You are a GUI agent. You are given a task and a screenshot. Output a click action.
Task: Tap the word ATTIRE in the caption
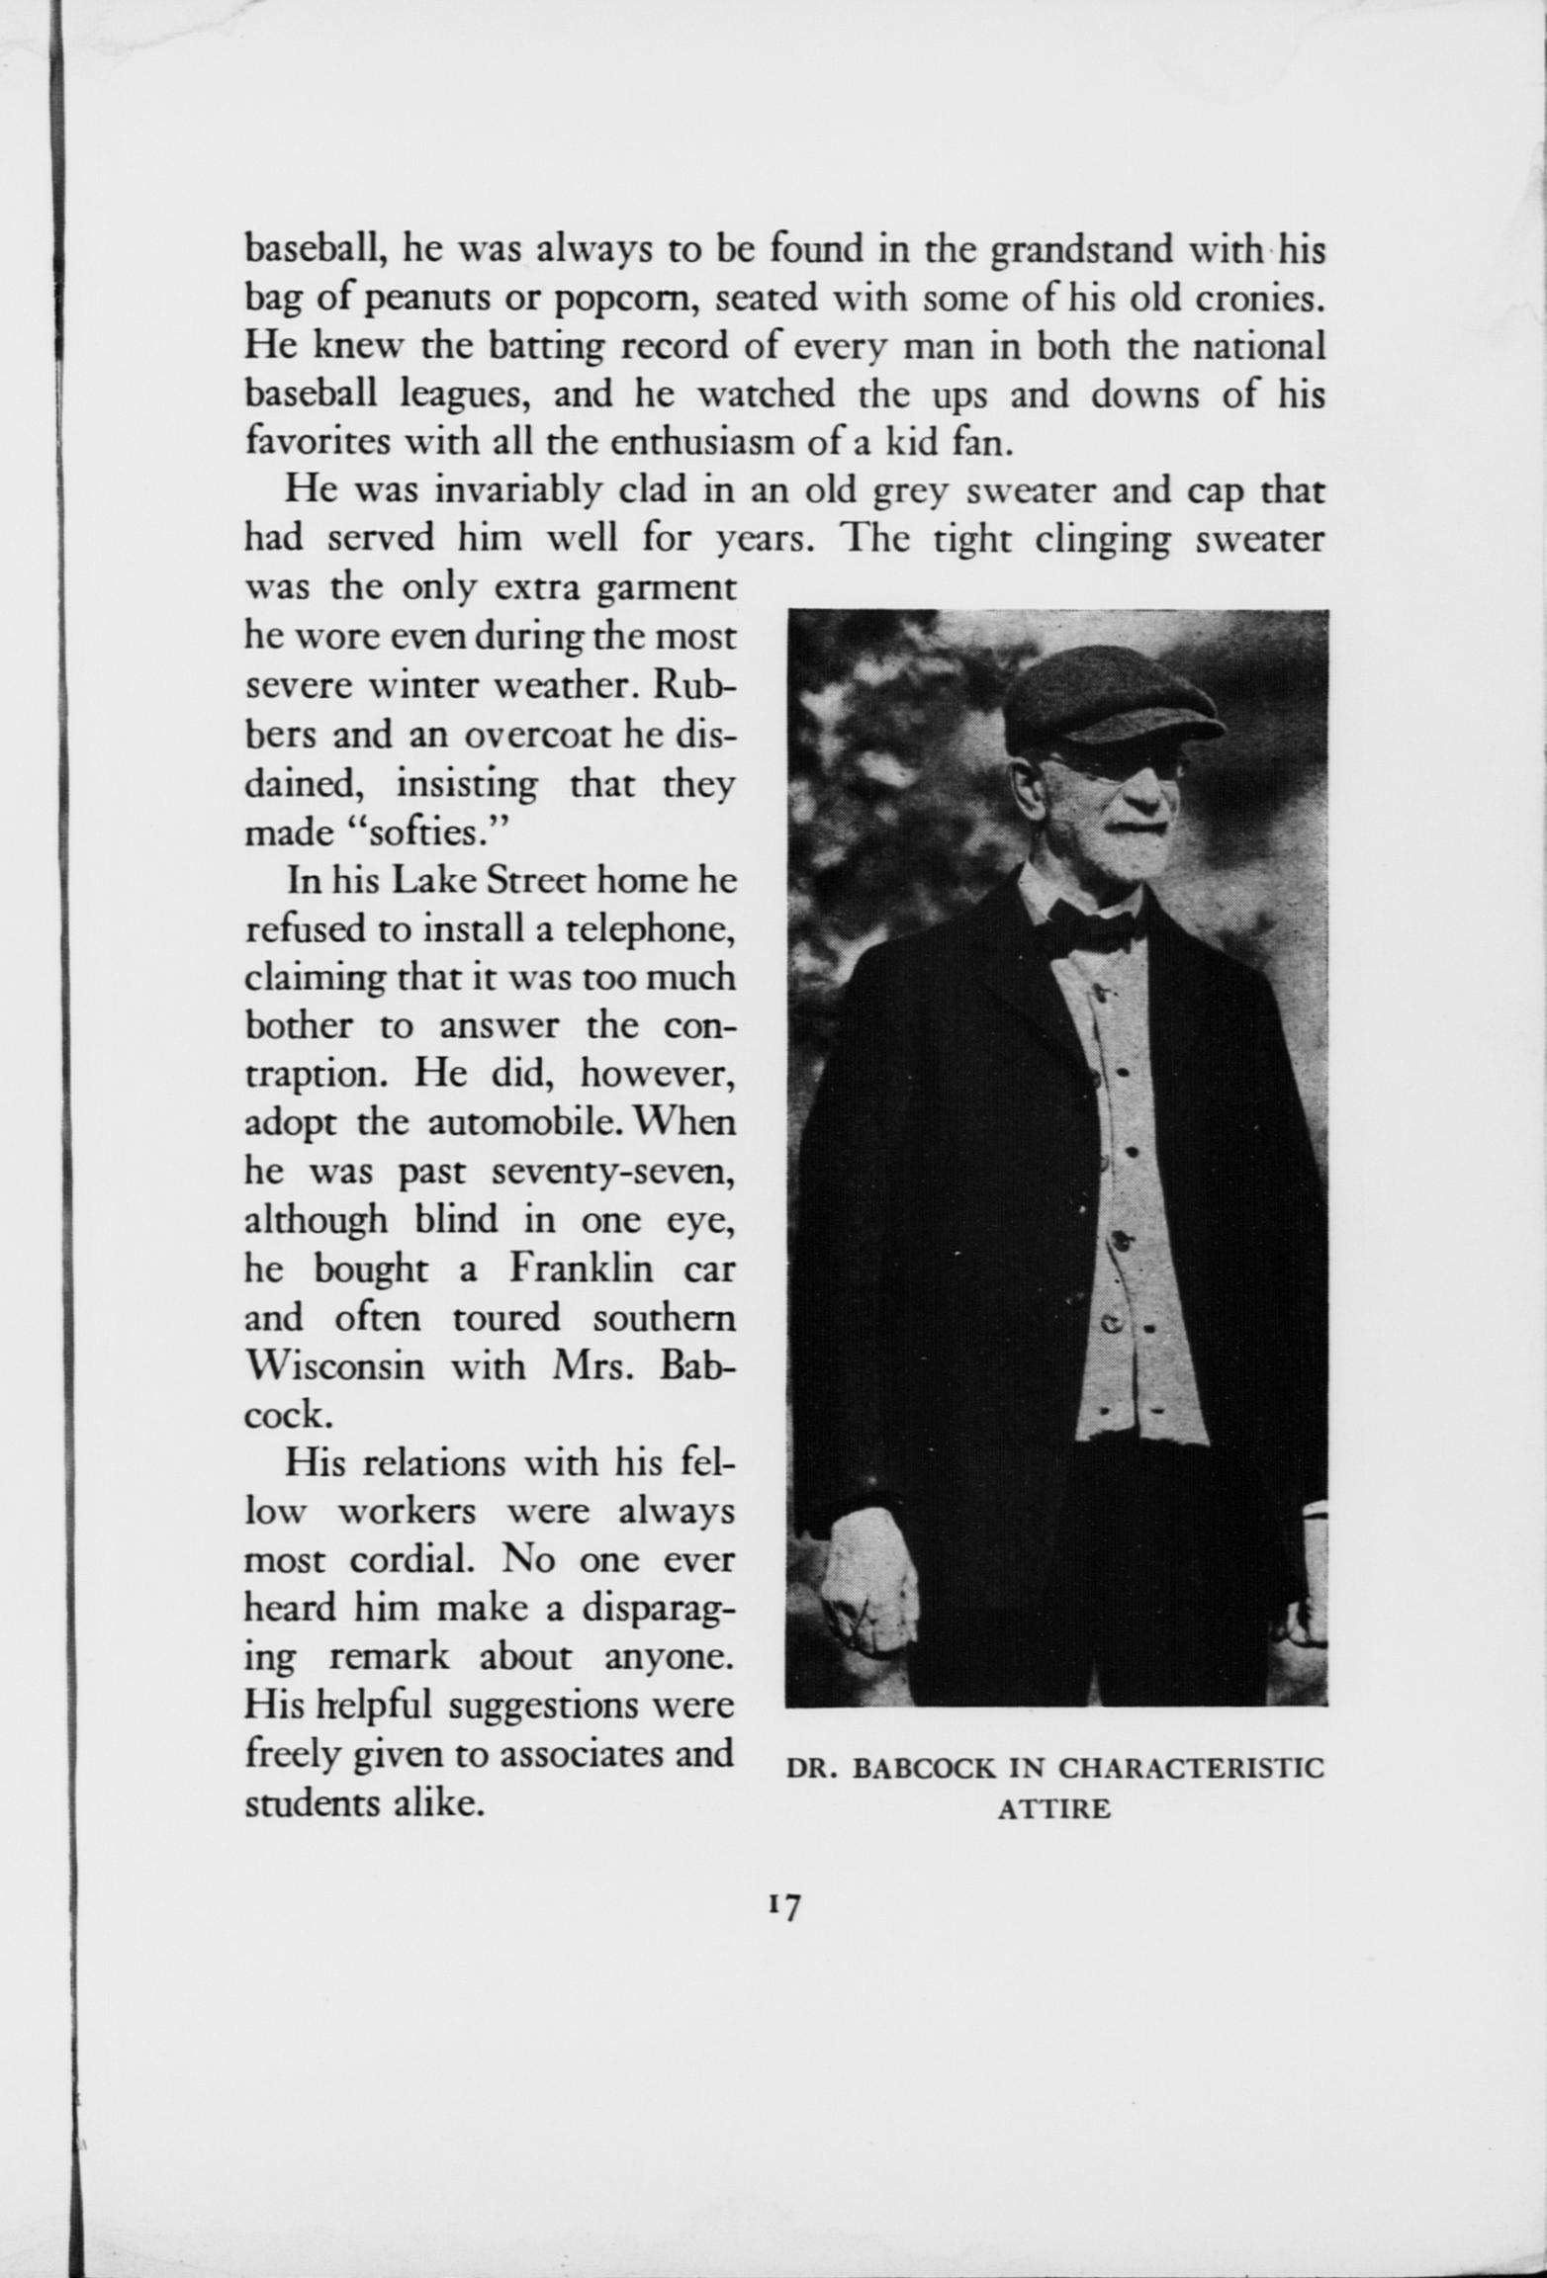pos(1053,1810)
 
